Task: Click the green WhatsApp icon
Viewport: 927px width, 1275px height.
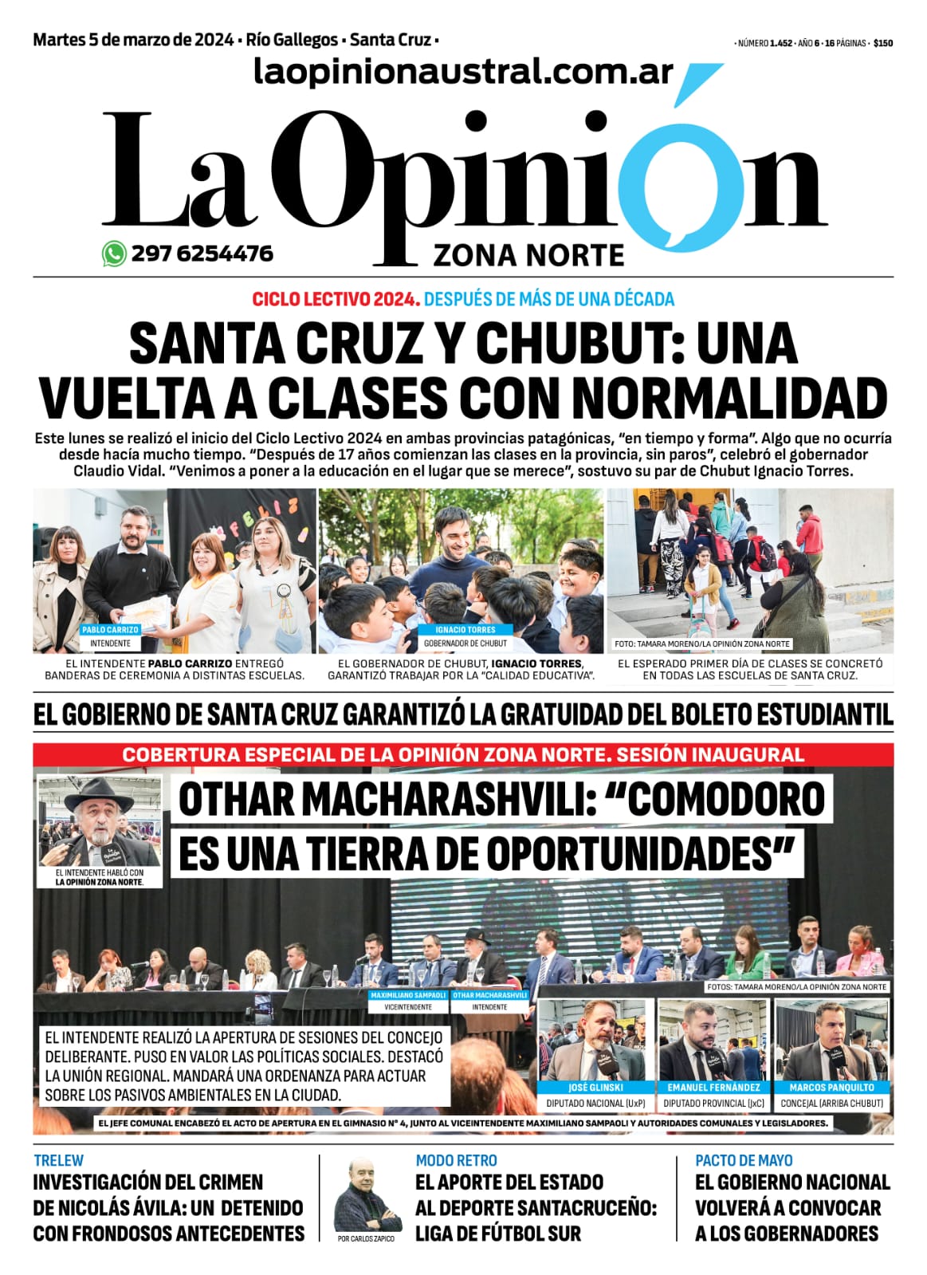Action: click(x=114, y=254)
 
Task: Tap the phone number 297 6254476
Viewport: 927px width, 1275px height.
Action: click(x=202, y=254)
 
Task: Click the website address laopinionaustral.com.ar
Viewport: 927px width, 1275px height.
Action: click(x=464, y=72)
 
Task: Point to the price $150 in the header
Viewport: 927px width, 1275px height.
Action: click(x=882, y=44)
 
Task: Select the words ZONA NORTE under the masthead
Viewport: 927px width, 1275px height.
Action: click(x=528, y=255)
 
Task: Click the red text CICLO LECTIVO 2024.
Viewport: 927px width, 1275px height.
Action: click(x=336, y=299)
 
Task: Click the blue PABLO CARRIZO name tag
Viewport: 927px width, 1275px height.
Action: click(x=110, y=630)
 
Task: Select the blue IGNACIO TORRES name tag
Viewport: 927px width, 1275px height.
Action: click(x=465, y=630)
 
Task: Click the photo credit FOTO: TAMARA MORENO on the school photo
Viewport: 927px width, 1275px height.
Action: click(x=701, y=643)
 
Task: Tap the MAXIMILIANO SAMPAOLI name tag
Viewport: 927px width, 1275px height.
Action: click(x=408, y=995)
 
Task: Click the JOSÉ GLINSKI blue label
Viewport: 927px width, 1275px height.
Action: click(x=595, y=1087)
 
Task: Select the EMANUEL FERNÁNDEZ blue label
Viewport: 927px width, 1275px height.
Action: click(x=714, y=1087)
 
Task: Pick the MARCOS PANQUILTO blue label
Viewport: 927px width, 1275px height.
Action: click(x=831, y=1087)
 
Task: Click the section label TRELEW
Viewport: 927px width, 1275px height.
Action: click(x=58, y=1160)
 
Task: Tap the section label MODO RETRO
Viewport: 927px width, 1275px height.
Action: click(x=456, y=1160)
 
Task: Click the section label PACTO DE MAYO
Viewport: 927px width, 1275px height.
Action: click(x=744, y=1160)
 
